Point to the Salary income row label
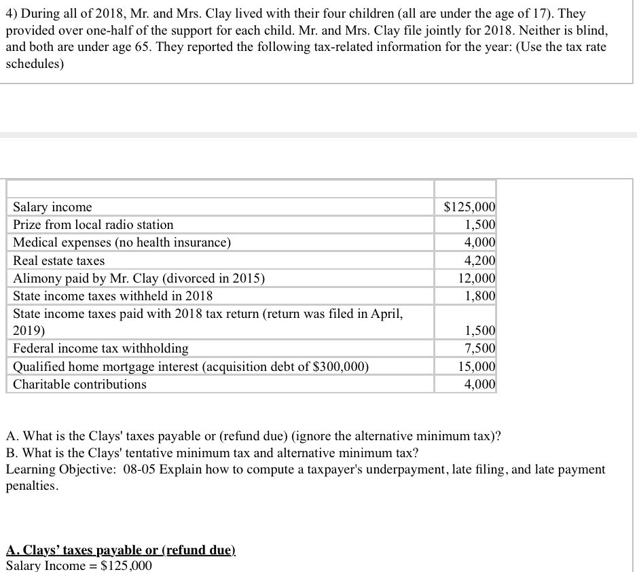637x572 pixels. (52, 207)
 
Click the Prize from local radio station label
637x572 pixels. (93, 225)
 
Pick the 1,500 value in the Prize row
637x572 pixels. (479, 225)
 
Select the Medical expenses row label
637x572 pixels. (122, 243)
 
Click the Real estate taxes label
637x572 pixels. (59, 261)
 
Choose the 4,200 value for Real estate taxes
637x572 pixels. (479, 261)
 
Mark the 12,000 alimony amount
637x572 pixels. (477, 279)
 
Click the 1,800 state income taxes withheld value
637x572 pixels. (479, 296)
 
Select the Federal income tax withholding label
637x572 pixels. (101, 348)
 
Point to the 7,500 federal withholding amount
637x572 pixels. (479, 348)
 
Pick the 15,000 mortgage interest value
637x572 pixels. (477, 367)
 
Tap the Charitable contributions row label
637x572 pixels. (79, 385)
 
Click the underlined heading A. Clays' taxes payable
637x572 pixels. (120, 550)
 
